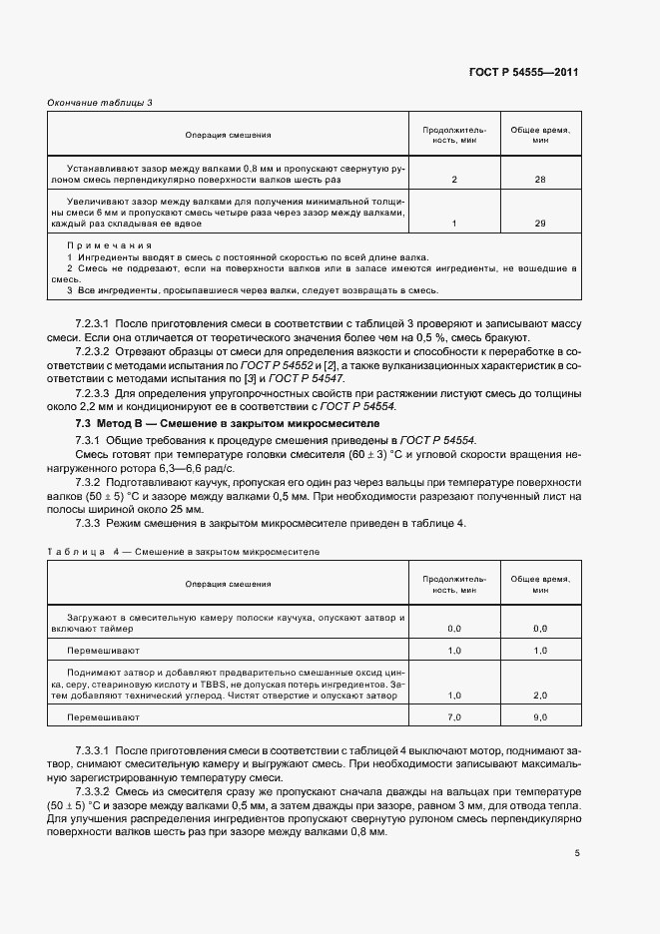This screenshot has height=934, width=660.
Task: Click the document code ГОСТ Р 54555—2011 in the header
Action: [x=525, y=73]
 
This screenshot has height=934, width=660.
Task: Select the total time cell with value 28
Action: [x=540, y=180]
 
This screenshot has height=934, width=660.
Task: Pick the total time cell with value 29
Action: [x=540, y=223]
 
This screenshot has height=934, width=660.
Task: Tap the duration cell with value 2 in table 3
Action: [x=454, y=180]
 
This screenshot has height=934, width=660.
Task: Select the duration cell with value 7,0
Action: [x=454, y=717]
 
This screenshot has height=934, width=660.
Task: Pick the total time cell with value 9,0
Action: [x=540, y=717]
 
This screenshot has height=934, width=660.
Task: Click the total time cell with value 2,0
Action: [x=540, y=696]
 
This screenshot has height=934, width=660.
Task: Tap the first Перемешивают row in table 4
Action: [x=96, y=651]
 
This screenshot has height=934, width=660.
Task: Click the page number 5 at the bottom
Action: [x=577, y=853]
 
